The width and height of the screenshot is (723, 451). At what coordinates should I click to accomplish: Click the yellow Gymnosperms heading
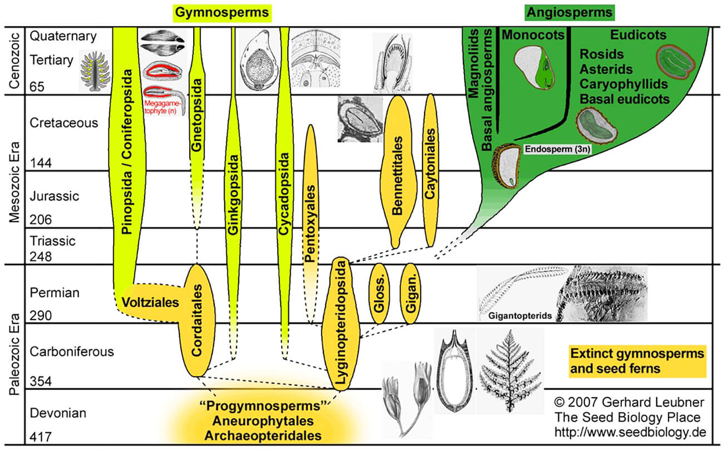(222, 13)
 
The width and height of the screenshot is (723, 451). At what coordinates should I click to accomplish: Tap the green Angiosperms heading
(569, 13)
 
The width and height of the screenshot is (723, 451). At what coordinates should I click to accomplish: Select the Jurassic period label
(54, 197)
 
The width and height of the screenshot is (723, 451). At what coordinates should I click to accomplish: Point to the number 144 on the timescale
(41, 163)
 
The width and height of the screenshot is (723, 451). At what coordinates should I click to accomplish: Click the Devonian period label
(58, 413)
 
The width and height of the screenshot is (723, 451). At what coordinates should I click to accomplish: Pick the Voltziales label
(150, 302)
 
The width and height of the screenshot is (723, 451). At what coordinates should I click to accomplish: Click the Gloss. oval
(379, 293)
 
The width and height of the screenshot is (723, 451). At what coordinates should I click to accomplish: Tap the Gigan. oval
(410, 293)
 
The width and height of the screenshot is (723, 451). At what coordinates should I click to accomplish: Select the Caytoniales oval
(430, 170)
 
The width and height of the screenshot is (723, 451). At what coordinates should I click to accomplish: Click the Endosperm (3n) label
(558, 149)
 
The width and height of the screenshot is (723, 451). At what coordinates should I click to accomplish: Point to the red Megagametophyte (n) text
(162, 107)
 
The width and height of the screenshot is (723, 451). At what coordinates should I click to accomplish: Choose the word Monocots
(533, 35)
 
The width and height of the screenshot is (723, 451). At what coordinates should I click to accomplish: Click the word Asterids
(606, 70)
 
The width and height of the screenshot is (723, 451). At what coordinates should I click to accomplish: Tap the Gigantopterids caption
(520, 315)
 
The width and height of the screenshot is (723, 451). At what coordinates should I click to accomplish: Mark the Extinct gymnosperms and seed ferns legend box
(637, 361)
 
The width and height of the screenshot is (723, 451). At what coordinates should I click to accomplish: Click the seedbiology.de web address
(630, 432)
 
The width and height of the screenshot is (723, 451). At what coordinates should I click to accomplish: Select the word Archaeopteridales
(263, 436)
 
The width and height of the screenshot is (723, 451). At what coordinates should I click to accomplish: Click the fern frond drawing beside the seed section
(510, 371)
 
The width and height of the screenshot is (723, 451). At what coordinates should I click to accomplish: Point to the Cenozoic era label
(14, 61)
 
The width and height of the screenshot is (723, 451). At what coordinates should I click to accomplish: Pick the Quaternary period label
(63, 36)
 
